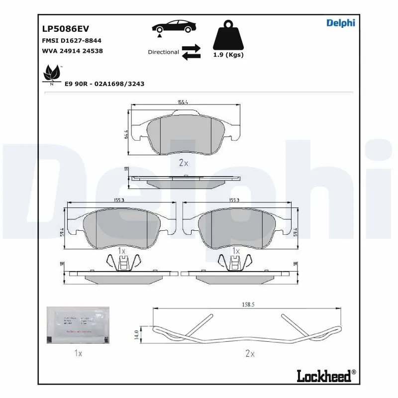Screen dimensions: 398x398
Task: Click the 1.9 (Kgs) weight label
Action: (228, 55)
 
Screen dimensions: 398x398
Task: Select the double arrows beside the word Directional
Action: (191, 52)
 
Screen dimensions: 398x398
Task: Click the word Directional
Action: (163, 52)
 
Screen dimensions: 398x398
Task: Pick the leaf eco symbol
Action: (50, 74)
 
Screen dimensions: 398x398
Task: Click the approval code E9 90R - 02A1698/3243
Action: (104, 84)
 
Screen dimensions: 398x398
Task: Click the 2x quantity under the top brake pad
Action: (183, 163)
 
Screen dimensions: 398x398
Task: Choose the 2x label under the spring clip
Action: (250, 354)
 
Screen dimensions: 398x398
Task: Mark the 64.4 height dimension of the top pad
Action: (126, 134)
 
